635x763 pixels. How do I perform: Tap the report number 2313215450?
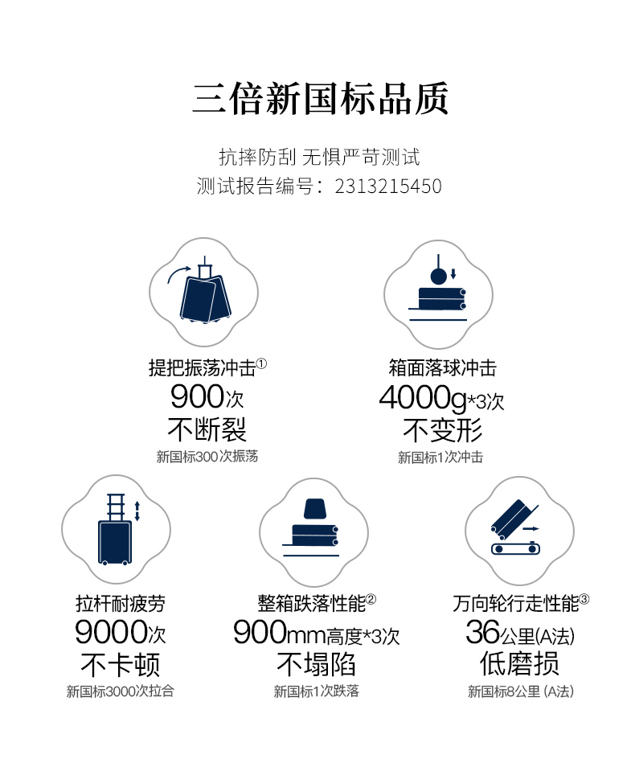coord(388,187)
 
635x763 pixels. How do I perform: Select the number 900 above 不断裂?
coord(197,397)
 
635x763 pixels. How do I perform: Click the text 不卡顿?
coord(120,664)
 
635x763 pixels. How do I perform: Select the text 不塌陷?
coord(316,664)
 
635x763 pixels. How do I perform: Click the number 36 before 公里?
coord(482,633)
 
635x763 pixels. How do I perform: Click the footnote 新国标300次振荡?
coord(207,457)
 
